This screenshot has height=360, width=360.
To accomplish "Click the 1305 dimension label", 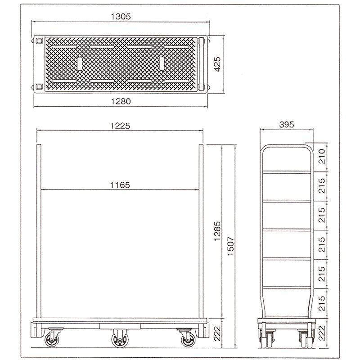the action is point(121,17).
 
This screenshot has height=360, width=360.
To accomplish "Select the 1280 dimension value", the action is point(121,101).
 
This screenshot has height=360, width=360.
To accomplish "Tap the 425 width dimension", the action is point(217,64).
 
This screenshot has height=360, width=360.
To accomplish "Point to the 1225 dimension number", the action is point(120,126).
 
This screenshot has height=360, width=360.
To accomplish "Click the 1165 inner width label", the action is point(120,185).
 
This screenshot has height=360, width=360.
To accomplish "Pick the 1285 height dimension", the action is point(217,231).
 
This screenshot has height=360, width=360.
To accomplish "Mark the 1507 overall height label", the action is point(230,246).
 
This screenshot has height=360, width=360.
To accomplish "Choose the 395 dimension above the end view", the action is point(287,125).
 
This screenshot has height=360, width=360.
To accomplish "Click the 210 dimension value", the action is point(322,156).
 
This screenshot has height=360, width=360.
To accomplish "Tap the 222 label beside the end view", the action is point(322,333).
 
